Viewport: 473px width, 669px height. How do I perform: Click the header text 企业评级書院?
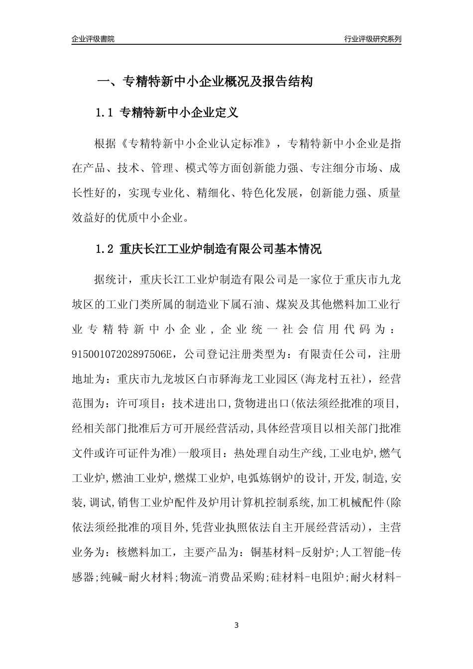pyautogui.click(x=93, y=39)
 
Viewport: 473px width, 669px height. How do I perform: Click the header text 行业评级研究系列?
pyautogui.click(x=372, y=39)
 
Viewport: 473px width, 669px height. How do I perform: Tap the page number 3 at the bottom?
pyautogui.click(x=236, y=625)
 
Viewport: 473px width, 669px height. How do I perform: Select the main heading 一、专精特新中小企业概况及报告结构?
pyautogui.click(x=204, y=82)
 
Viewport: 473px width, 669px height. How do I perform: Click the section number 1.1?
pyautogui.click(x=105, y=113)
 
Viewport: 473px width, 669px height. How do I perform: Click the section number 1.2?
pyautogui.click(x=105, y=249)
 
